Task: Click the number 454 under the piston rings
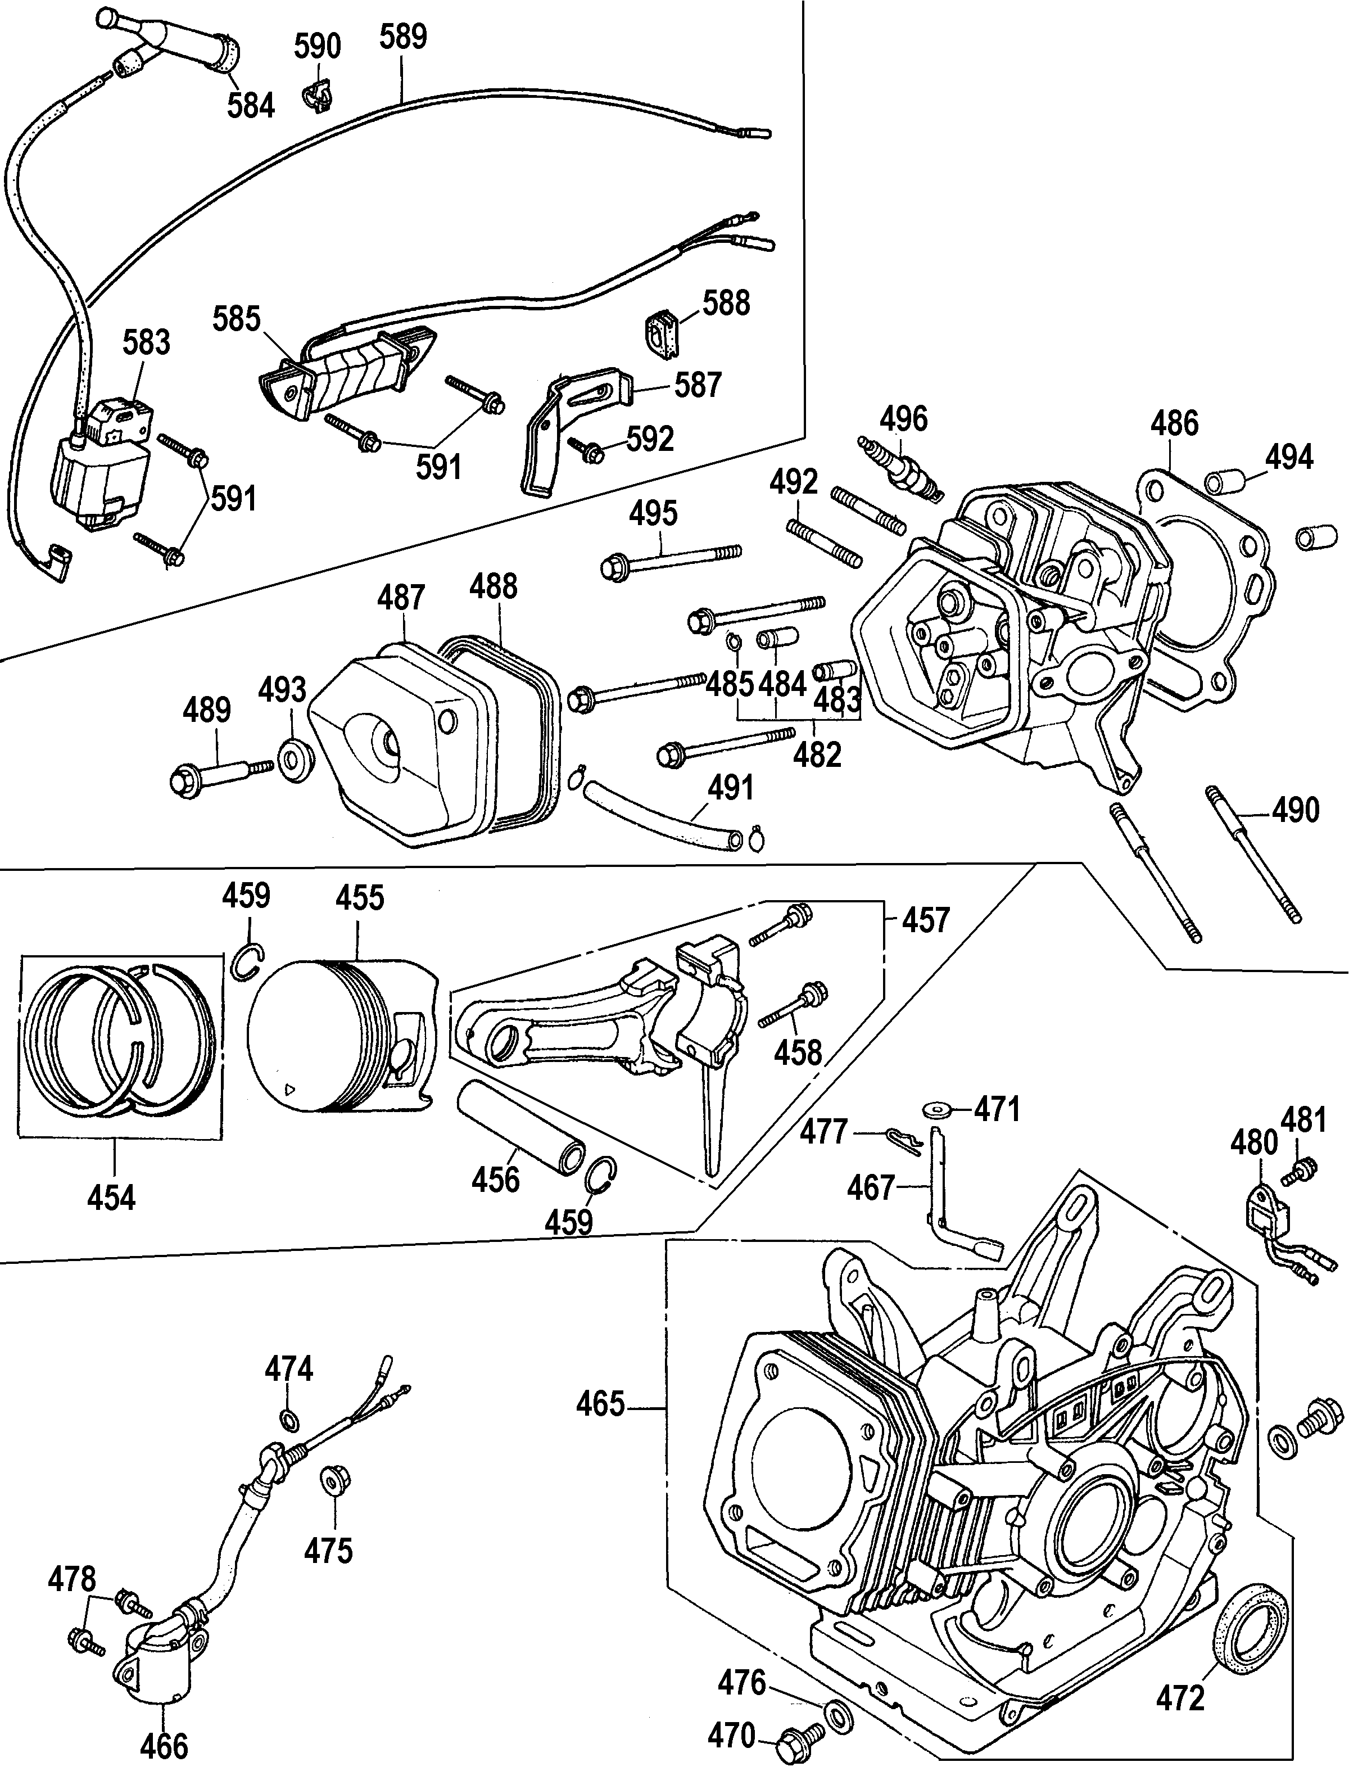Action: click(x=112, y=1198)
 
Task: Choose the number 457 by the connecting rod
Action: click(x=925, y=920)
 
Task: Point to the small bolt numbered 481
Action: click(x=1304, y=1171)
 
